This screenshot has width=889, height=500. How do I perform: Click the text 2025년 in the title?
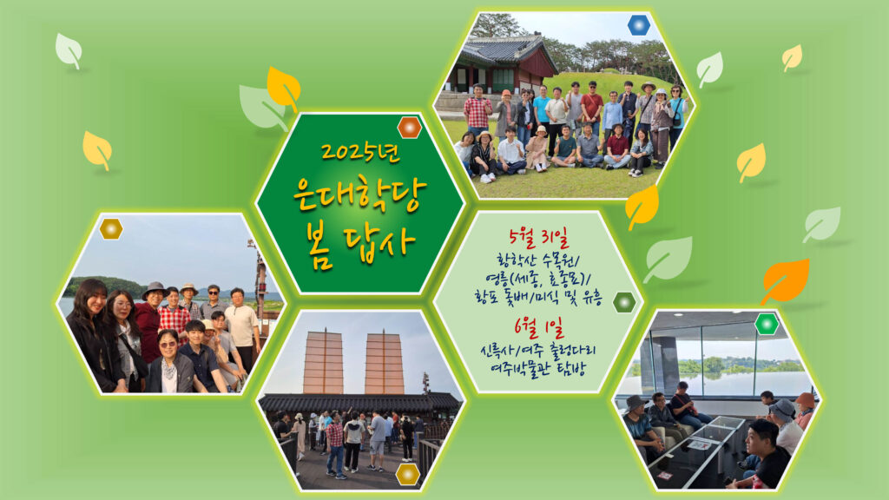pos(360,153)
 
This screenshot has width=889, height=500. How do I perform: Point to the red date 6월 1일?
pos(539,326)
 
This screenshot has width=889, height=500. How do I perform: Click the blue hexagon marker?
pos(639,25)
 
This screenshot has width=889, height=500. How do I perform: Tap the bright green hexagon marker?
pos(767,324)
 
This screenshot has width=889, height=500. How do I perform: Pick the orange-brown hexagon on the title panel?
pos(410,128)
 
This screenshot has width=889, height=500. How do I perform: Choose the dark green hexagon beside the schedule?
pos(624,302)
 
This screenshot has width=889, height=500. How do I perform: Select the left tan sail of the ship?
pos(323,363)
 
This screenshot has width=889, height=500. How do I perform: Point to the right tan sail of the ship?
pos(384,363)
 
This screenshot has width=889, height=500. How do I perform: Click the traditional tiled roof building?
pos(502,63)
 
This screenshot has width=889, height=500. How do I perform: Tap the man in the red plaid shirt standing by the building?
pos(477,110)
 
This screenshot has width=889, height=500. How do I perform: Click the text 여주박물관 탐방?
pos(538,369)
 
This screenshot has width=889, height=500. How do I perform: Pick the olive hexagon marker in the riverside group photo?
pos(111,228)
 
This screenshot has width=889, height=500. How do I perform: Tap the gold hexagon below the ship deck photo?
pos(408,474)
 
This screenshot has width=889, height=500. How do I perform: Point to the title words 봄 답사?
pos(360,246)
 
